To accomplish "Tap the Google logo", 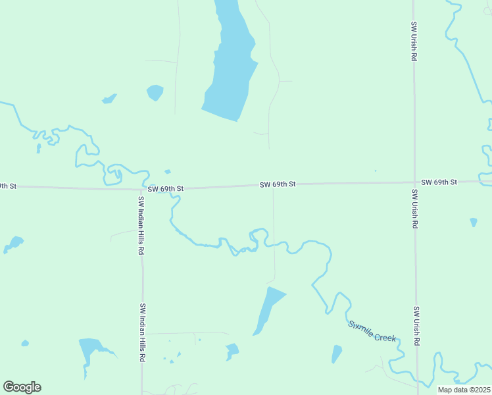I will pos(22,386).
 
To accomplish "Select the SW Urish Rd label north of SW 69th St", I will pos(414,41).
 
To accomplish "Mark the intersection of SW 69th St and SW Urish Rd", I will pos(414,182).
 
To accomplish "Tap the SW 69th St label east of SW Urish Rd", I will pos(439,182).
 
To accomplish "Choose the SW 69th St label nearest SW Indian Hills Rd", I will pos(165,189).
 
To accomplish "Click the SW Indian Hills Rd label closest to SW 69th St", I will pos(141,226).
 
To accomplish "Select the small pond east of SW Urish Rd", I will pos(474,223).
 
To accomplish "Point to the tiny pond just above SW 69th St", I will pos(168,172).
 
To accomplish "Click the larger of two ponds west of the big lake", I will pos(155,92).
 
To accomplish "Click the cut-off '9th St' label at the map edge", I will pos(7,186).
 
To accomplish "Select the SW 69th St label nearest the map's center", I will pos(278,184).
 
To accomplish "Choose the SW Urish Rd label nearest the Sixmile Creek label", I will pos(416,326).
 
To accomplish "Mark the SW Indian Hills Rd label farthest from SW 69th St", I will pos(142,332).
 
